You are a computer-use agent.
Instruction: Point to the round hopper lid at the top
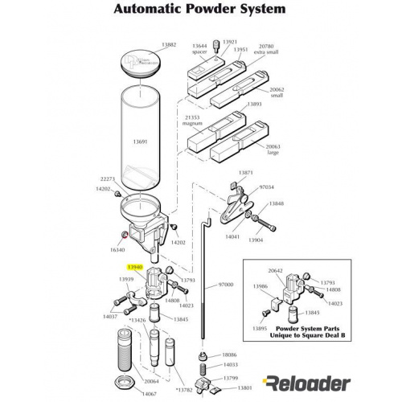coord(145,62)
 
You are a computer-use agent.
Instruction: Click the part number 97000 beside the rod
coord(228,285)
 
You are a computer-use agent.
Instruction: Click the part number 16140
coord(118,249)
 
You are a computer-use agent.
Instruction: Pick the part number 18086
coord(231,354)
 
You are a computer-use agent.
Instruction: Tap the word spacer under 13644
coord(200,51)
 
